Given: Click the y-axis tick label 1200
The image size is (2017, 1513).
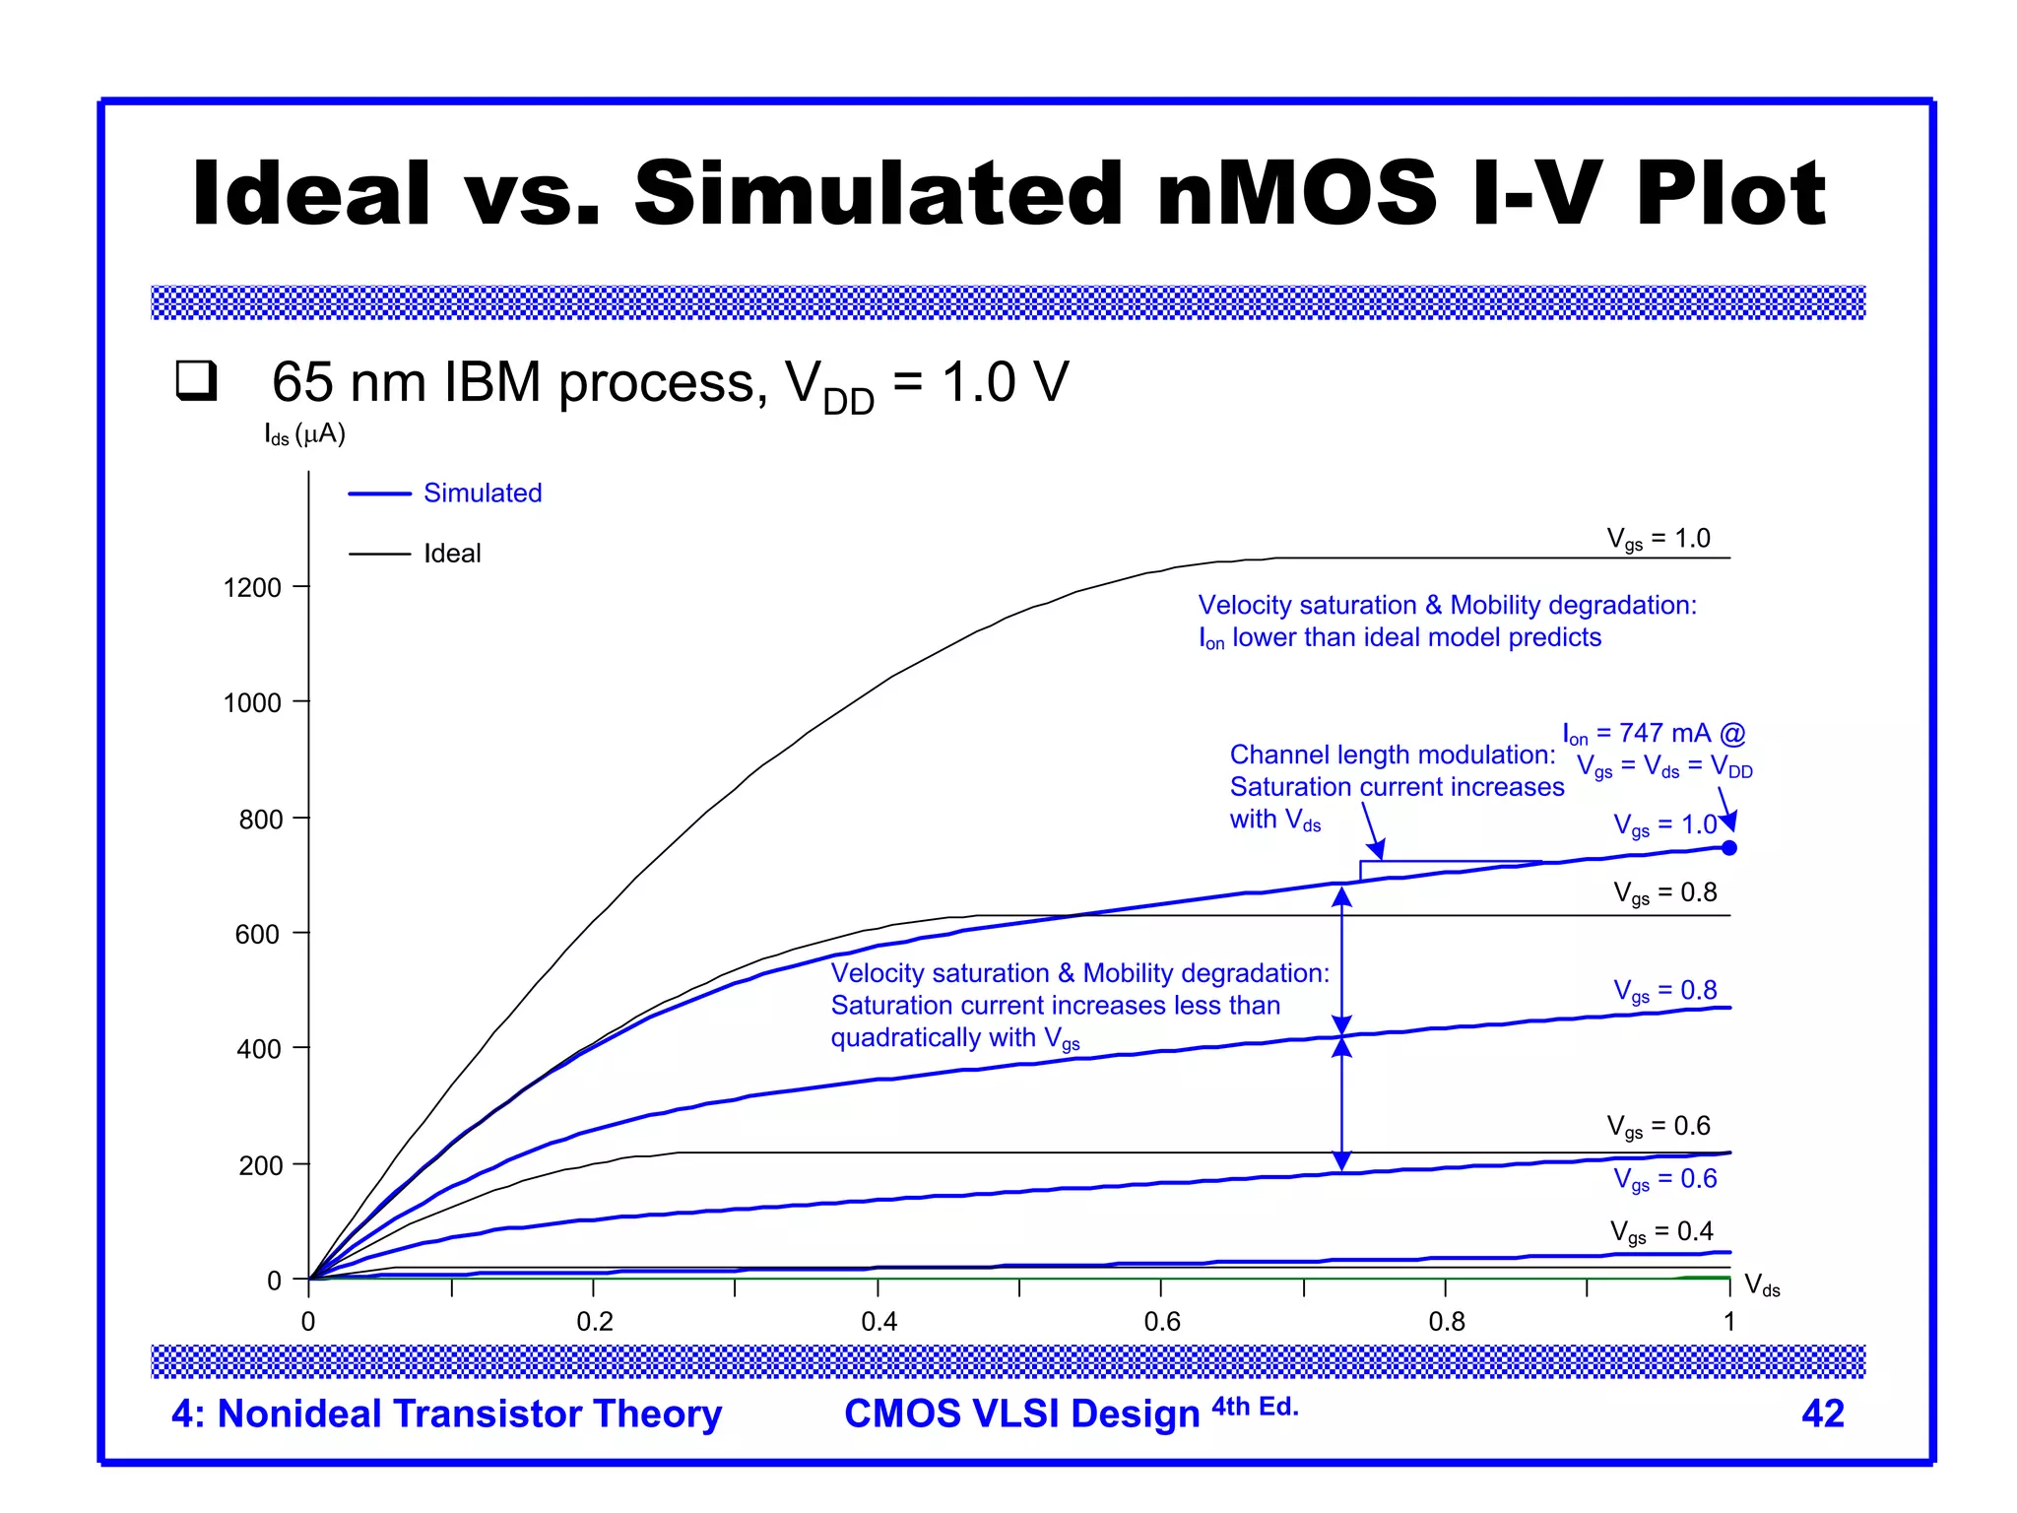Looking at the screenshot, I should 252,588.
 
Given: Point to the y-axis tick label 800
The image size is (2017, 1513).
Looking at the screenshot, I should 260,820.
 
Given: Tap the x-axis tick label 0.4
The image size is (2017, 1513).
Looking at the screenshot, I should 878,1322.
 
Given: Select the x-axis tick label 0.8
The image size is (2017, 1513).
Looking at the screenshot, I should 1446,1322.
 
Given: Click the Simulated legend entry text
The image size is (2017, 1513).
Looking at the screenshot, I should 483,493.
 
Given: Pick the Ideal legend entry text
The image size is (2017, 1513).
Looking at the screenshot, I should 452,554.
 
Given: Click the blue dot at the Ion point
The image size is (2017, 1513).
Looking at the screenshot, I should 1729,848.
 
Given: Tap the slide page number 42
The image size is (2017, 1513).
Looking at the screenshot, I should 1822,1414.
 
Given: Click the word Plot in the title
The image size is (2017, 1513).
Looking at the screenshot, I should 1730,194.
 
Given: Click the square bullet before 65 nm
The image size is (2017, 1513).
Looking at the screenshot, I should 196,380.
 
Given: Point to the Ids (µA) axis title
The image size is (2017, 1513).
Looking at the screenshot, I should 304,434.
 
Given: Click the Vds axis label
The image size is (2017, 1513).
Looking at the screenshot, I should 1762,1285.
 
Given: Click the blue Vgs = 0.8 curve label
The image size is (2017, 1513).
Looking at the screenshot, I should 1664,990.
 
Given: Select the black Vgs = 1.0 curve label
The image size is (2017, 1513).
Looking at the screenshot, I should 1659,539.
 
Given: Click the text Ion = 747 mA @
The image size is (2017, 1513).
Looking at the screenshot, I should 1654,734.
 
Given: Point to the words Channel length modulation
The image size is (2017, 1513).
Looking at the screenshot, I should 1392,756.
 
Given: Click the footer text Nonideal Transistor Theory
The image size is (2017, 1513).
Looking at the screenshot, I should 469,1414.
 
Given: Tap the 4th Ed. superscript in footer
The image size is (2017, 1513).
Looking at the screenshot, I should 1255,1406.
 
